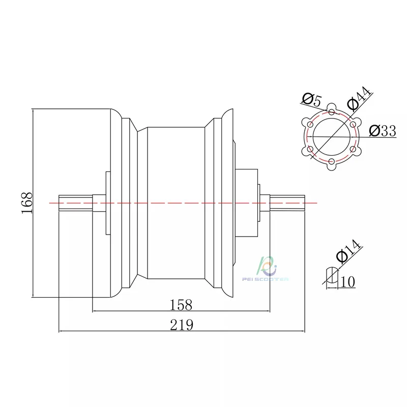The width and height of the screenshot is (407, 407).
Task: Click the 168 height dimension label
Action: [x=27, y=203]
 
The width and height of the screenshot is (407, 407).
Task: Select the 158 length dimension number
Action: [x=181, y=305]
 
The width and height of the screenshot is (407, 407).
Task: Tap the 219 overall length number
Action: [x=182, y=325]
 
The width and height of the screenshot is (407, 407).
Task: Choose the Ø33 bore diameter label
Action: [x=383, y=131]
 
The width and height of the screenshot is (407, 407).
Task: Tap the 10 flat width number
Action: [x=347, y=282]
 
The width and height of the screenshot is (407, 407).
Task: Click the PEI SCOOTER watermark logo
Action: [x=265, y=270]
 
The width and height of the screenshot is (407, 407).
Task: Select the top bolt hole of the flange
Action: [x=332, y=112]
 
